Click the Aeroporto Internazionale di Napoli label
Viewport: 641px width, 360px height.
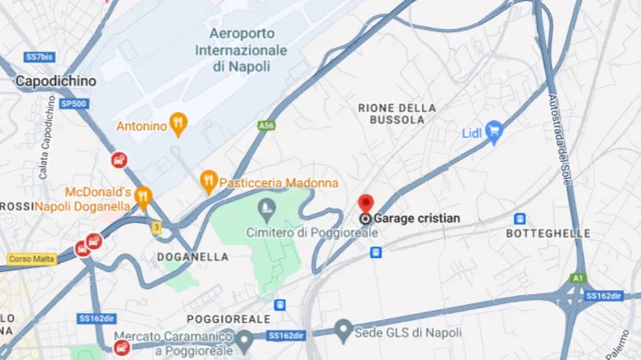pos(241,50)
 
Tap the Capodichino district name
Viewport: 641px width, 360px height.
pos(55,81)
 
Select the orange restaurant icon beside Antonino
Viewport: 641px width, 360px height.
pos(178,125)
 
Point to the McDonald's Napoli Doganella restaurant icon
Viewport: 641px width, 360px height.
pos(144,197)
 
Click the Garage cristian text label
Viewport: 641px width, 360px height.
pos(417,219)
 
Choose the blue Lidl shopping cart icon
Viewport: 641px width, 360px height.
pos(493,132)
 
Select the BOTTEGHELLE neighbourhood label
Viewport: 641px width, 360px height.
pos(548,233)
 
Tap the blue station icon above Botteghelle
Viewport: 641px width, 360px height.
pos(519,219)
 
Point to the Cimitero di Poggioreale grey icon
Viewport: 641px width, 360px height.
pos(265,205)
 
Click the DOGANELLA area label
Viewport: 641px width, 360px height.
pos(192,256)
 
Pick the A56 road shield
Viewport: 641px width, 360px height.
pos(265,126)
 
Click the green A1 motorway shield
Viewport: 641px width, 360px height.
pos(578,278)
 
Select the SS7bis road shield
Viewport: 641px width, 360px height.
pos(39,58)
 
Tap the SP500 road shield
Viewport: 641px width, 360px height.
pos(74,104)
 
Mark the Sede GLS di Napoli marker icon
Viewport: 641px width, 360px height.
pos(344,331)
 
